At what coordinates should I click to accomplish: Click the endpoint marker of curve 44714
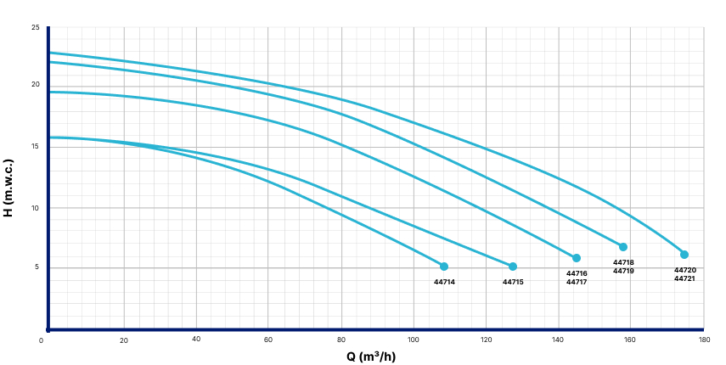pyautogui.click(x=444, y=267)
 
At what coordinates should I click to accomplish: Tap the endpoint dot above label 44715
pyautogui.click(x=513, y=267)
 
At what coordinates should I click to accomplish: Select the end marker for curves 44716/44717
pyautogui.click(x=577, y=258)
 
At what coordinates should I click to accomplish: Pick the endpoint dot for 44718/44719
pyautogui.click(x=623, y=247)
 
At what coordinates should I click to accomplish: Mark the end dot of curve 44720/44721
pyautogui.click(x=684, y=255)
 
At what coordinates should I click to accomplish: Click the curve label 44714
pyautogui.click(x=444, y=282)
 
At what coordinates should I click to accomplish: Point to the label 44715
pyautogui.click(x=513, y=282)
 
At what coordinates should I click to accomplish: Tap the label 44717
pyautogui.click(x=577, y=282)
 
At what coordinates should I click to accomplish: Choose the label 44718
pyautogui.click(x=623, y=262)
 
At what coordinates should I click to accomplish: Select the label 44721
pyautogui.click(x=684, y=278)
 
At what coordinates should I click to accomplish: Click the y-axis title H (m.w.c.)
pyautogui.click(x=9, y=187)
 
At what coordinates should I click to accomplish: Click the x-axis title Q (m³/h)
pyautogui.click(x=370, y=356)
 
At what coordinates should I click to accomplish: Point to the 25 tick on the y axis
pyautogui.click(x=36, y=28)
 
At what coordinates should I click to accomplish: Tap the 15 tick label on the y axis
pyautogui.click(x=36, y=146)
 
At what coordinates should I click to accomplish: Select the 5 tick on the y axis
pyautogui.click(x=37, y=268)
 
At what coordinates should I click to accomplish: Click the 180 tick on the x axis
pyautogui.click(x=704, y=340)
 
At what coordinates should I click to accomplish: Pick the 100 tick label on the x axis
pyautogui.click(x=414, y=340)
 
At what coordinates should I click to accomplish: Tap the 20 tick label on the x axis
pyautogui.click(x=124, y=340)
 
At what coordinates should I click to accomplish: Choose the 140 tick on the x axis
pyautogui.click(x=559, y=340)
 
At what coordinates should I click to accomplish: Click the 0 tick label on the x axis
pyautogui.click(x=42, y=340)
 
